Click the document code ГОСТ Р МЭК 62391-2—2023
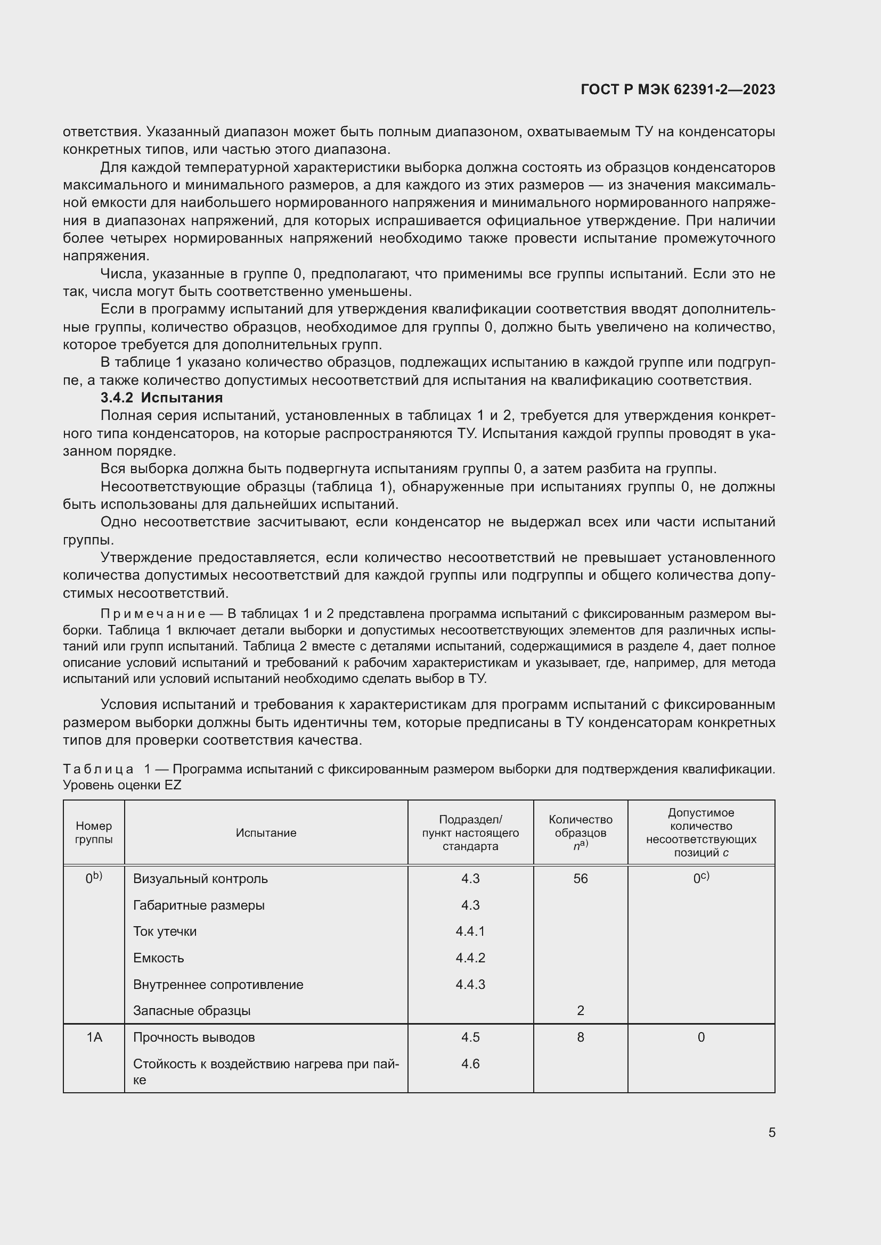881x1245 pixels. click(678, 89)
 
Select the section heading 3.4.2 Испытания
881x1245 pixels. click(162, 398)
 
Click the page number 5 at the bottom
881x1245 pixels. click(771, 1132)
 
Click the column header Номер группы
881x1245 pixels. click(94, 832)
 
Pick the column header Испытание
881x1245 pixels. click(266, 832)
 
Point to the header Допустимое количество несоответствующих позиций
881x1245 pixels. click(701, 832)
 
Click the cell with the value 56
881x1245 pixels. click(580, 878)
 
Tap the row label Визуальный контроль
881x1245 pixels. click(200, 878)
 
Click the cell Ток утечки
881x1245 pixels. click(165, 931)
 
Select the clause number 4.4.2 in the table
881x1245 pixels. click(470, 958)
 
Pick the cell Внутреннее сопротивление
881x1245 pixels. click(218, 984)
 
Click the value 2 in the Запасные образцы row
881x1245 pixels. click(581, 1010)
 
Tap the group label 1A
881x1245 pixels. click(94, 1037)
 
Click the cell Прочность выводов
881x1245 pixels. click(194, 1037)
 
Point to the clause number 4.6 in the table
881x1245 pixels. click(470, 1063)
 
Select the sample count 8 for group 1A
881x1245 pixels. click(581, 1037)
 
